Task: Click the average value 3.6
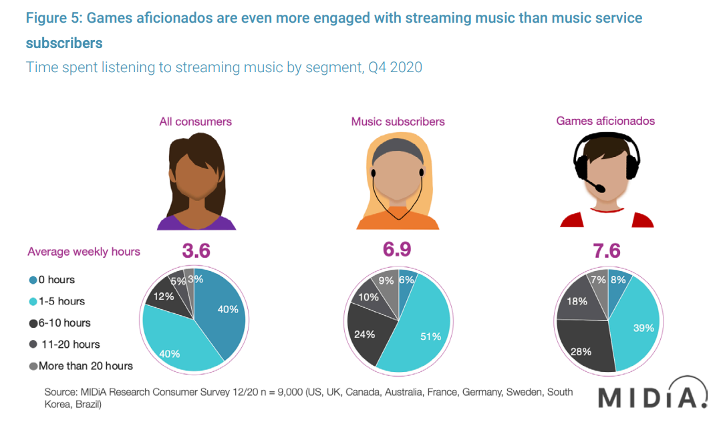tap(196, 250)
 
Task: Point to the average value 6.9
tap(397, 249)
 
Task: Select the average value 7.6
tap(606, 250)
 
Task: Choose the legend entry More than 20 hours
tap(81, 365)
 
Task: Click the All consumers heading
tap(195, 122)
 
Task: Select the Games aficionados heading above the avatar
tap(605, 121)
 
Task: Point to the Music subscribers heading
tap(398, 122)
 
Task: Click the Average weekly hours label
tap(84, 252)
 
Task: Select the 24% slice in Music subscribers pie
tap(366, 333)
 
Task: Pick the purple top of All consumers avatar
tap(196, 222)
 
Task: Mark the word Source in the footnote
tap(60, 392)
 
